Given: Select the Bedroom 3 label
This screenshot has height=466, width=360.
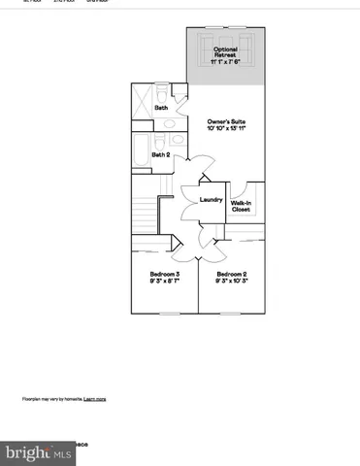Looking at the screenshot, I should pos(163,275).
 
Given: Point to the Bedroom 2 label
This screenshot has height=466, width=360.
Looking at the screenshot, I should pos(232,275).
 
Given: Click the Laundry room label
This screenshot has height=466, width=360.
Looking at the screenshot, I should pos(212,200).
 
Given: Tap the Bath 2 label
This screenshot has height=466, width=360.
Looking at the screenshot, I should pos(161,153).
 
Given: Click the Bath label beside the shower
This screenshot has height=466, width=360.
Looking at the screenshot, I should pos(163,107).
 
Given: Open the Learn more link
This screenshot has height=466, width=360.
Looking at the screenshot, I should pos(95,399).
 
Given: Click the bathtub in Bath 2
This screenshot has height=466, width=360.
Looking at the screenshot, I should pos(140,154).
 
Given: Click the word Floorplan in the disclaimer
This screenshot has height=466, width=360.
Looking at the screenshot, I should pos(33,399).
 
